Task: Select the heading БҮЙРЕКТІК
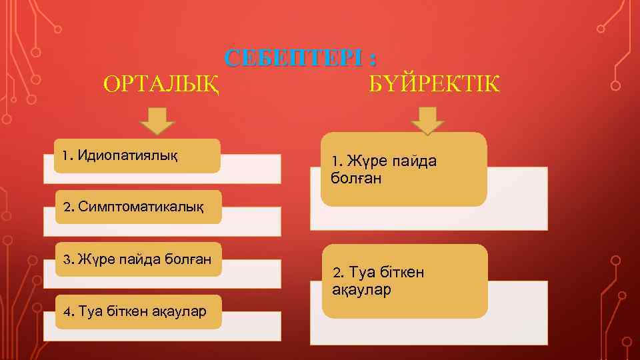pos(433,85)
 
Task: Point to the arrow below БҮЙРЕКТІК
pos(427,122)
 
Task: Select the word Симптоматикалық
pos(141,206)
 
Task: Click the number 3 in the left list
pos(66,259)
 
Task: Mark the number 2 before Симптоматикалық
pos(67,206)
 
